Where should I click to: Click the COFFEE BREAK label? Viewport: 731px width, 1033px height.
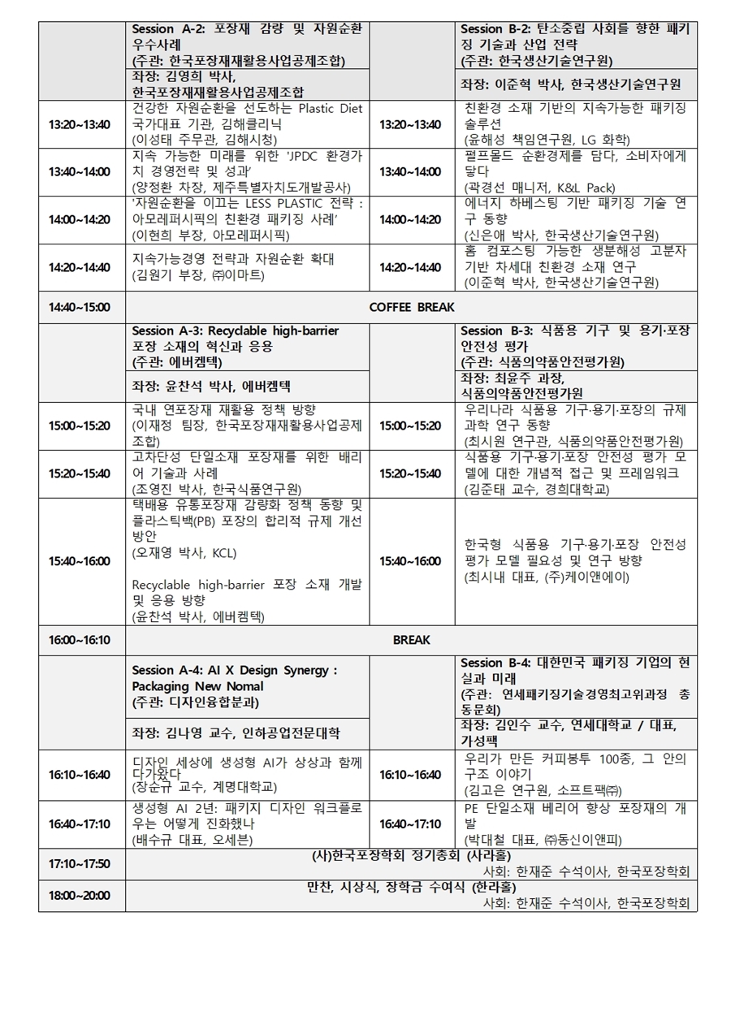412,307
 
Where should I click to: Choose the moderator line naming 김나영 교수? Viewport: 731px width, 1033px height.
236,733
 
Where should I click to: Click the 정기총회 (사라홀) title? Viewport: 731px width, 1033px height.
411,855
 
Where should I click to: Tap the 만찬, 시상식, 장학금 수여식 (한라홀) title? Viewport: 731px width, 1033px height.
411,887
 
